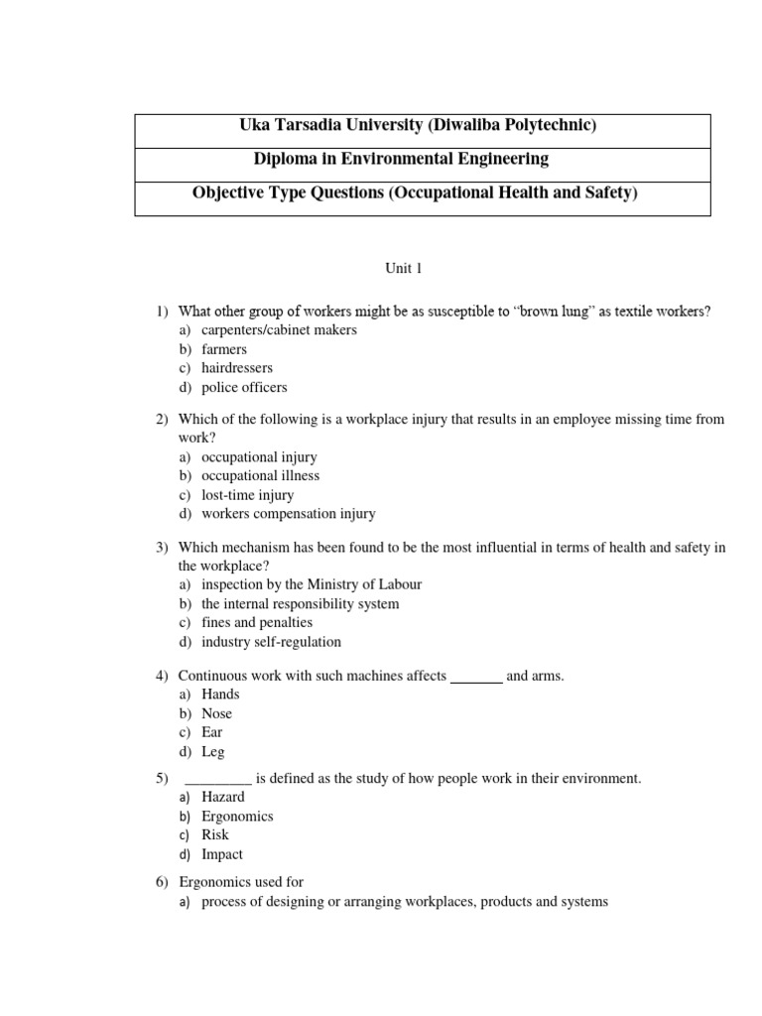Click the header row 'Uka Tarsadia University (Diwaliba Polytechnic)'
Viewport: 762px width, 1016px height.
point(418,125)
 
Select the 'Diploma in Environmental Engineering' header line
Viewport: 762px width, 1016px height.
point(402,159)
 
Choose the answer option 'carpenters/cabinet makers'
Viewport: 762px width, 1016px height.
point(279,330)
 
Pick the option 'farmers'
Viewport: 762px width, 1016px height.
point(224,349)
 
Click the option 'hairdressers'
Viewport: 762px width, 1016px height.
point(237,368)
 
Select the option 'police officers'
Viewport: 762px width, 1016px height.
point(244,387)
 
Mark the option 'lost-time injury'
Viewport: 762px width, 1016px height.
point(247,495)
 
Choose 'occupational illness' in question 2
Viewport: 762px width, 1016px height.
point(260,476)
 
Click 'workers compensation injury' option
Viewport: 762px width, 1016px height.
point(288,514)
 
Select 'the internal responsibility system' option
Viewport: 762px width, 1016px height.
point(300,603)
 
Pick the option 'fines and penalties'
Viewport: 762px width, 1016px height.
point(257,622)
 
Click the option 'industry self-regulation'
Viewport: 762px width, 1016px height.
point(271,642)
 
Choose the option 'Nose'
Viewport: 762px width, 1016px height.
point(216,713)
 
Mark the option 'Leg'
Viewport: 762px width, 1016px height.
point(213,752)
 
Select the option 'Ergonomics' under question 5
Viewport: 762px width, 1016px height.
point(237,817)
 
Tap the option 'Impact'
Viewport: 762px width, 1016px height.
point(221,854)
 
